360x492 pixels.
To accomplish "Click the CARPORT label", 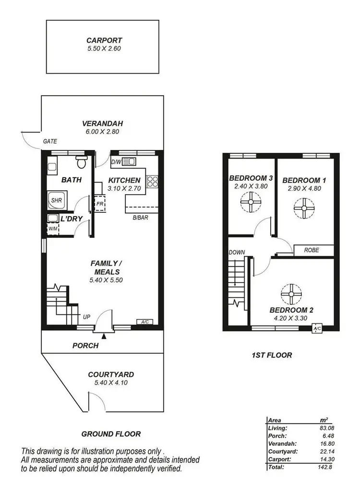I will [104, 41].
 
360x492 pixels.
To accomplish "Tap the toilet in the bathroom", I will [81, 163].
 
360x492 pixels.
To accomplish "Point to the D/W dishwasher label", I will [116, 162].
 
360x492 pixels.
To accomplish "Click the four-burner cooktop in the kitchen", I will [152, 182].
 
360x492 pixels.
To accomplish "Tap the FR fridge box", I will [100, 203].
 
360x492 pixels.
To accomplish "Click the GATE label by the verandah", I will [50, 141].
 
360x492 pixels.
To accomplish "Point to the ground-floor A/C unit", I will [144, 322].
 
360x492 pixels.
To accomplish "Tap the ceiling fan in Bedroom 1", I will [303, 208].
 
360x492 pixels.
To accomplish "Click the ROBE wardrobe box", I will [313, 250].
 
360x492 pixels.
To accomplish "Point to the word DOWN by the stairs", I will [237, 252].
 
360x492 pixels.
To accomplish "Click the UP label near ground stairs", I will [86, 317].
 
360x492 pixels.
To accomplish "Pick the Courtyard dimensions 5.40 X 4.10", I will [111, 383].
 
